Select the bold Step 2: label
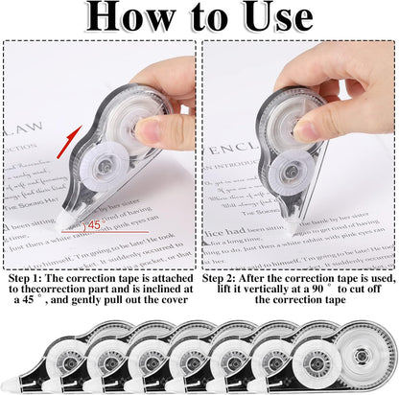coord(225,278)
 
